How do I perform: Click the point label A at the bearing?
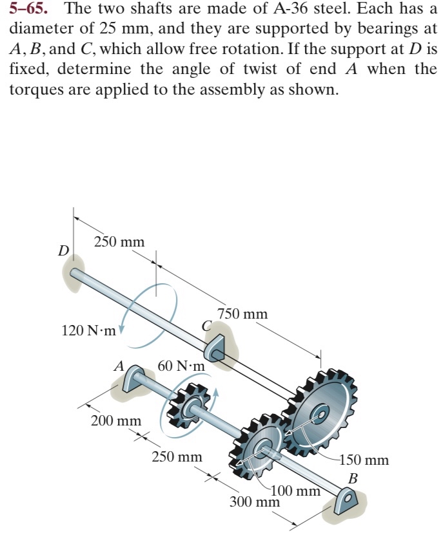pyautogui.click(x=118, y=366)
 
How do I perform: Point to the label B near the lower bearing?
pyautogui.click(x=353, y=478)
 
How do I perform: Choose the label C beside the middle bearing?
pyautogui.click(x=206, y=326)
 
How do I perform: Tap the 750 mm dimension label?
pyautogui.click(x=242, y=314)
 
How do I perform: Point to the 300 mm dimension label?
pyautogui.click(x=255, y=501)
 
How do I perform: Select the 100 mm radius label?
pyautogui.click(x=297, y=491)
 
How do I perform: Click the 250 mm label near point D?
pyautogui.click(x=119, y=242)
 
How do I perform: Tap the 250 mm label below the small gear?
pyautogui.click(x=177, y=458)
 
